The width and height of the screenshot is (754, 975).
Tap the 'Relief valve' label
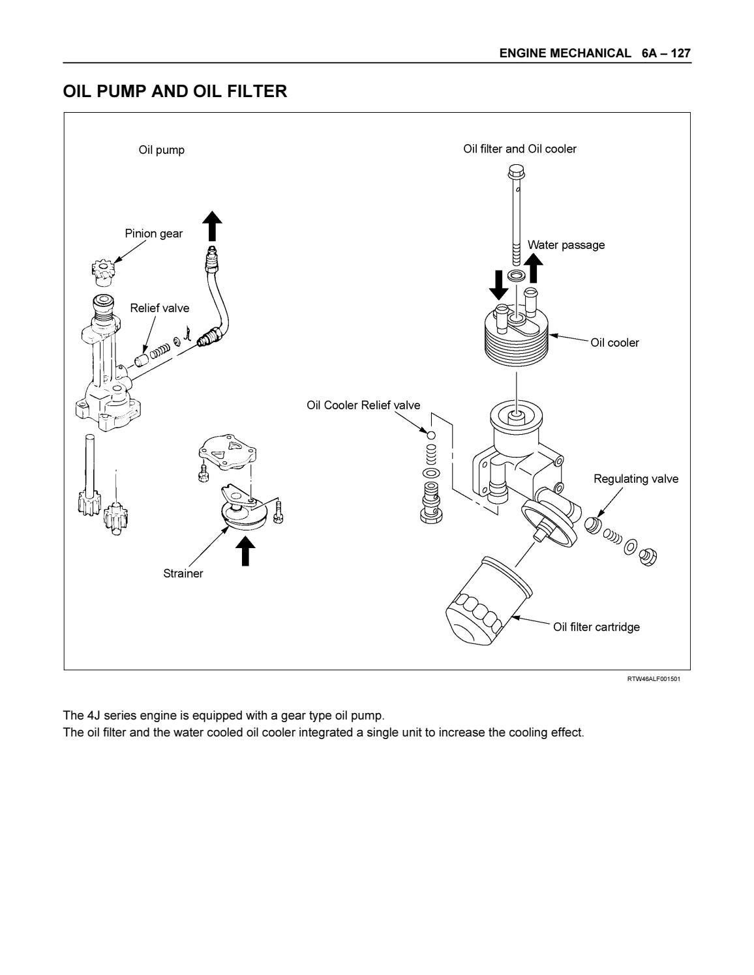pos(159,308)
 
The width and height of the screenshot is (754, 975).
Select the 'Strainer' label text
pos(183,574)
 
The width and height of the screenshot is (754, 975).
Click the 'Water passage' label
pos(566,245)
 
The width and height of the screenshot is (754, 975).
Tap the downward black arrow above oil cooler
pos(499,284)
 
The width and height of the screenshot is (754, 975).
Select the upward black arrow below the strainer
pos(245,550)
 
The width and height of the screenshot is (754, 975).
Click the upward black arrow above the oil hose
pos(212,226)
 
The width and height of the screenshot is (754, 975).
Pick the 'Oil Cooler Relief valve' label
pos(363,405)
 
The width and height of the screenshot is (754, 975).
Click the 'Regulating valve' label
pos(635,479)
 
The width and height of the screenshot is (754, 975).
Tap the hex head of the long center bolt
pos(515,173)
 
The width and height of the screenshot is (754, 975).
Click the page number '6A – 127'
pos(665,53)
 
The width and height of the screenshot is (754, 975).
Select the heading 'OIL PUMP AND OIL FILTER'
pos(175,91)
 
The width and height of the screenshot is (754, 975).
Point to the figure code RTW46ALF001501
pos(654,679)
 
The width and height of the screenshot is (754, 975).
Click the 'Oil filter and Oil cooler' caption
pos(520,149)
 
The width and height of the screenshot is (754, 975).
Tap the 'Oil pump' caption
pos(161,150)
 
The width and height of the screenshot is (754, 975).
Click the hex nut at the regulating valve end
pos(648,556)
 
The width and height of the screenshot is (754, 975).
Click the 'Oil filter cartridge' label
pos(596,627)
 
